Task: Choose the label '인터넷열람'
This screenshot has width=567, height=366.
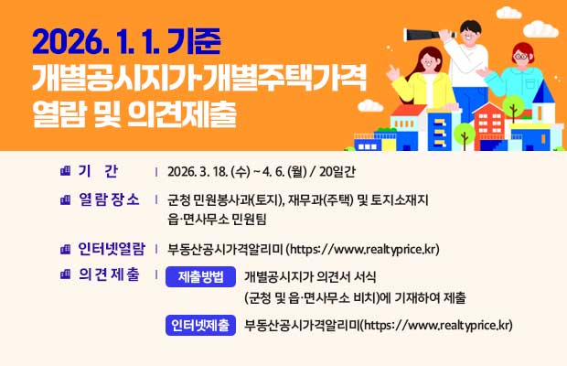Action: [112, 248]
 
